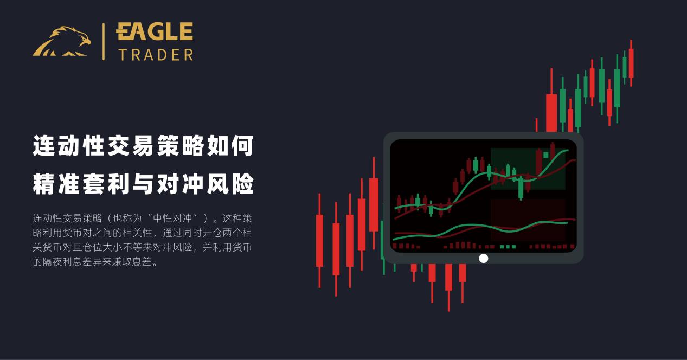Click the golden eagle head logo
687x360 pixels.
(62, 42)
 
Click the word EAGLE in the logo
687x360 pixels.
(155, 32)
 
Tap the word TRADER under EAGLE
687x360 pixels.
(156, 55)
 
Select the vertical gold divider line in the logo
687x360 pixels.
(103, 41)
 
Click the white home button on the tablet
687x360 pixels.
(483, 259)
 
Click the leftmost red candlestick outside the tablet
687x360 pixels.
(319, 240)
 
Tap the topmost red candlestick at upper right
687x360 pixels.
(631, 62)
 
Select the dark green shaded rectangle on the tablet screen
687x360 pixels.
(528, 169)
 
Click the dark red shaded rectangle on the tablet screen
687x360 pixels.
(528, 219)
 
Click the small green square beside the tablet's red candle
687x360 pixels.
(545, 155)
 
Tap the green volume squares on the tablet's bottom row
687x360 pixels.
(508, 247)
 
